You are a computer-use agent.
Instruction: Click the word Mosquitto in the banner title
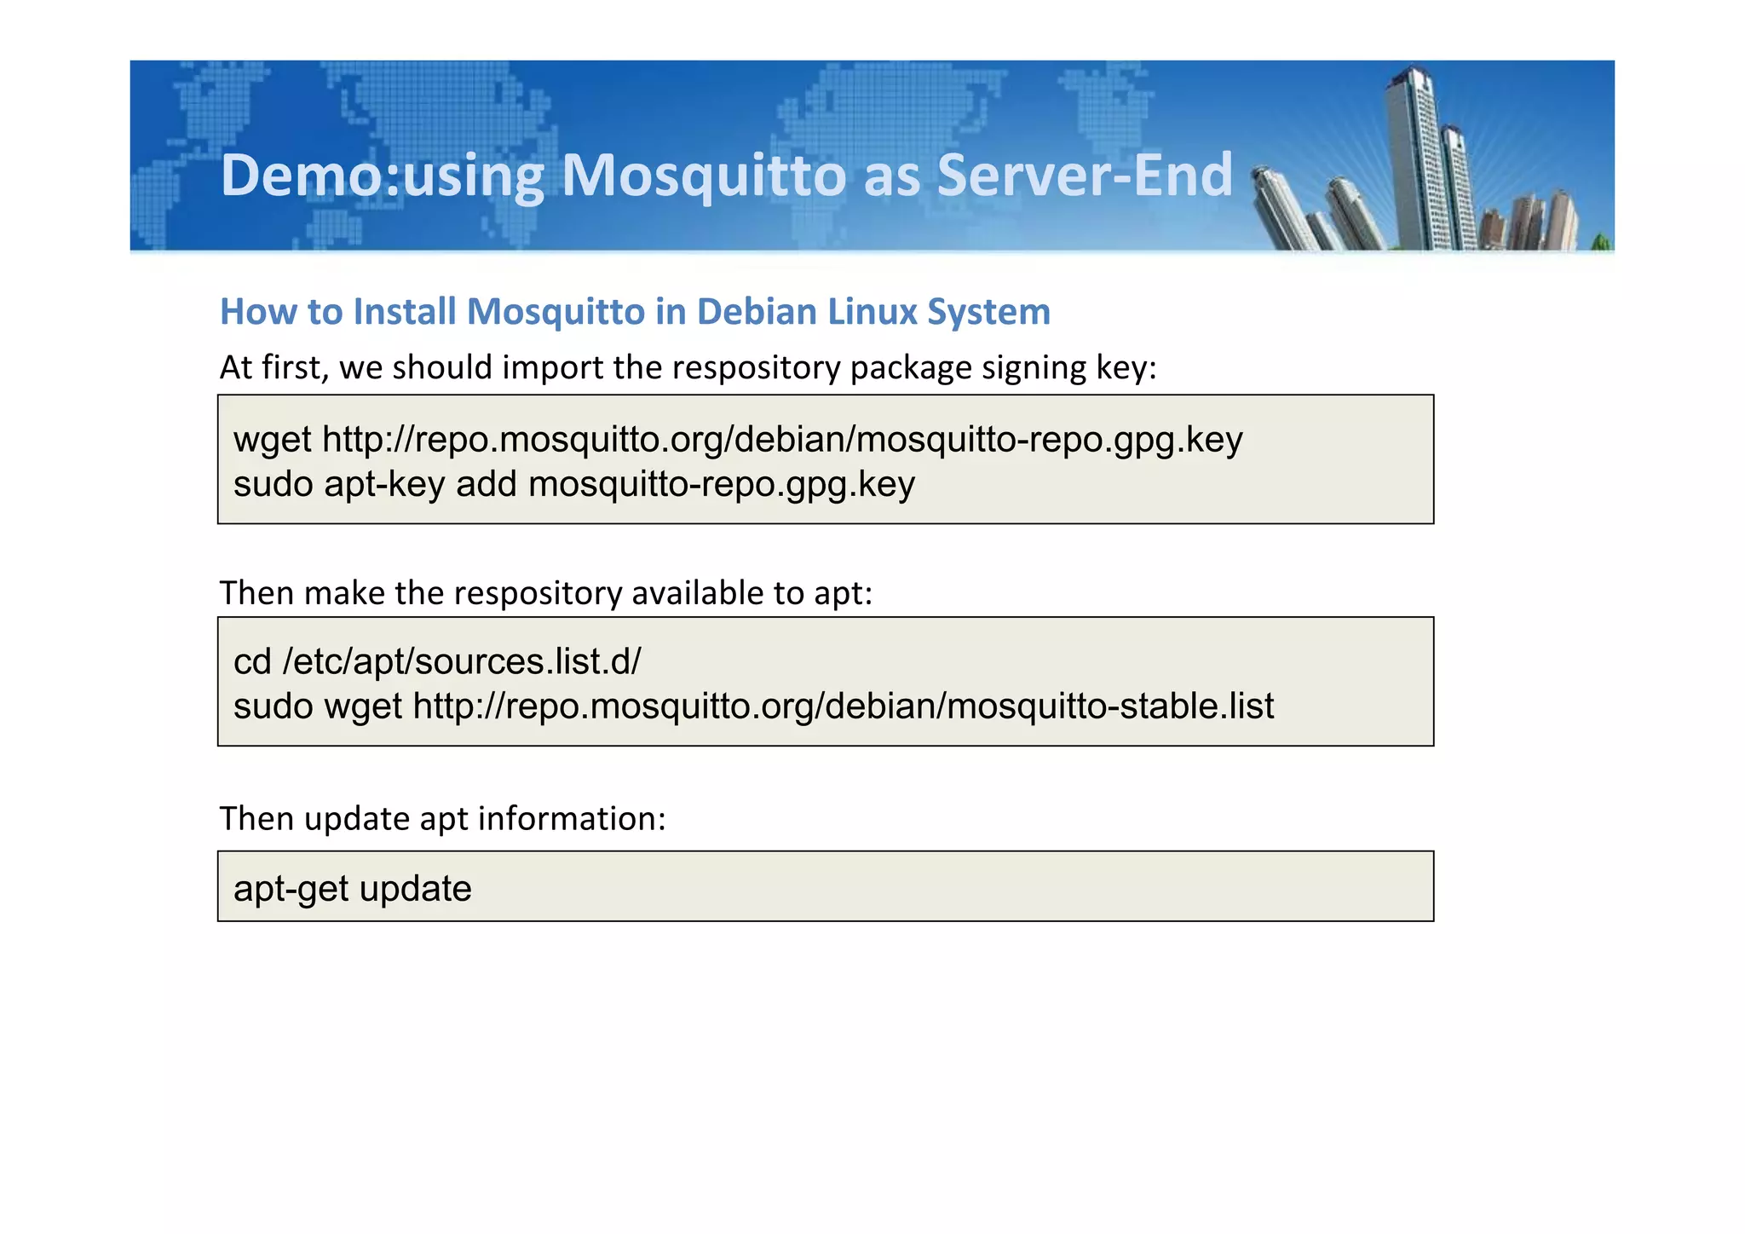[x=704, y=176]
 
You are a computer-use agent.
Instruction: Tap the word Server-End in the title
[x=1084, y=176]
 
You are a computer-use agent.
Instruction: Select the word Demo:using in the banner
[x=382, y=176]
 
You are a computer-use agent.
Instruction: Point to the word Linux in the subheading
[x=872, y=312]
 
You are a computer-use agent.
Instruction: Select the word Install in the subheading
[x=405, y=312]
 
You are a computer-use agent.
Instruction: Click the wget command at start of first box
[x=272, y=441]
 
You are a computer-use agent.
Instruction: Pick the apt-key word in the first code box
[x=384, y=484]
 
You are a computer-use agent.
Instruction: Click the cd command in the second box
[x=252, y=662]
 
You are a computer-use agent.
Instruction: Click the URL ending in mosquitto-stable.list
[x=844, y=706]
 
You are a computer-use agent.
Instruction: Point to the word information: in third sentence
[x=572, y=819]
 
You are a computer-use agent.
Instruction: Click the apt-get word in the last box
[x=290, y=889]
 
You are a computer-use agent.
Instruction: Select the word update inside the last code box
[x=415, y=889]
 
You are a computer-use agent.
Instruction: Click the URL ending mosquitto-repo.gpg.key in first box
[x=782, y=441]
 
